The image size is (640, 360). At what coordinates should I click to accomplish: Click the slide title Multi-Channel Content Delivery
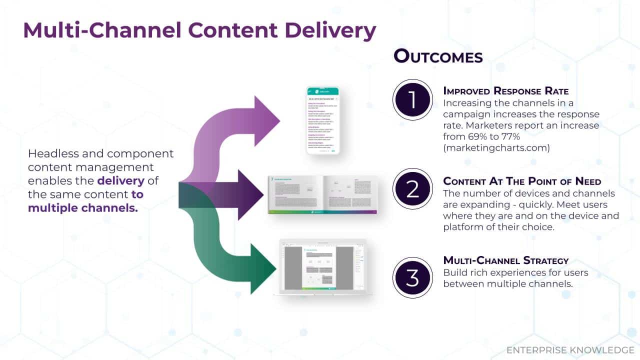[199, 31]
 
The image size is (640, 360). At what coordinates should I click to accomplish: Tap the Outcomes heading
[438, 56]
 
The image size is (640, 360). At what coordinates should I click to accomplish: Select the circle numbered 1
[412, 99]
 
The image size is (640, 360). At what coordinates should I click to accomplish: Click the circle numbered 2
[412, 189]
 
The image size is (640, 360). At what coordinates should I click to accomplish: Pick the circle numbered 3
[412, 278]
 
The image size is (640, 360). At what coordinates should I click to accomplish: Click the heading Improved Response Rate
[505, 91]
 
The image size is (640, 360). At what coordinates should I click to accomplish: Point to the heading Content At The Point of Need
[528, 181]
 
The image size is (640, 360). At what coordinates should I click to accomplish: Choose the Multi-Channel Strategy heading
[506, 260]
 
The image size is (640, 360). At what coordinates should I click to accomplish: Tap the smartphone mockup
[322, 120]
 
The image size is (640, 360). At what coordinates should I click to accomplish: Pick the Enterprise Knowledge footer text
[570, 349]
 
